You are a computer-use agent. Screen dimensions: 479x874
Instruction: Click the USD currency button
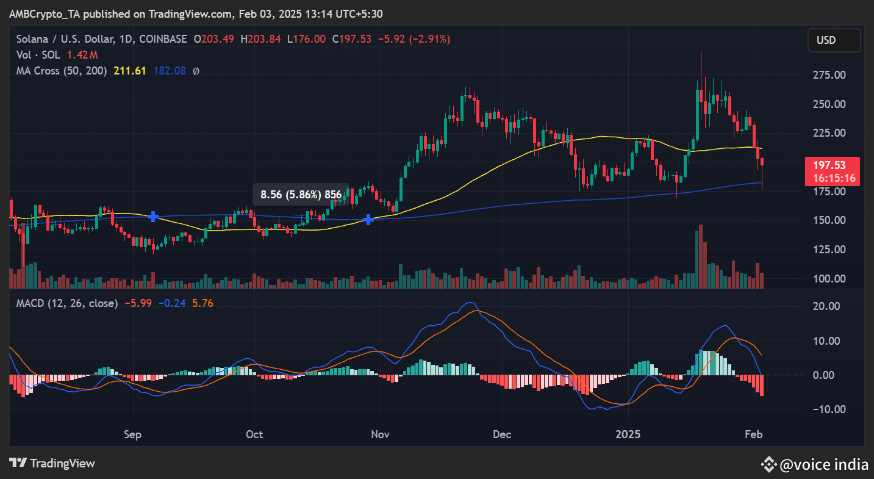[x=834, y=40]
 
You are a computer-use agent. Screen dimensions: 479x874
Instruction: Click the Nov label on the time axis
[x=381, y=435]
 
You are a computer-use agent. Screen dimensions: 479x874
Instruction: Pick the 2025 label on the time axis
[x=628, y=435]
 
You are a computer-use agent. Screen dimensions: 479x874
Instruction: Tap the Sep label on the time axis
[x=132, y=435]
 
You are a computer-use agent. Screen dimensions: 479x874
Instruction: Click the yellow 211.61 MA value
[x=130, y=71]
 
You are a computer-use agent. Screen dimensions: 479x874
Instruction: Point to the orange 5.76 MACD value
[x=202, y=303]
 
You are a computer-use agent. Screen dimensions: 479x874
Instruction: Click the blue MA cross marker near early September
[x=154, y=216]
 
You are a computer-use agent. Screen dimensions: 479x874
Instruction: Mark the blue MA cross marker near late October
[x=368, y=219]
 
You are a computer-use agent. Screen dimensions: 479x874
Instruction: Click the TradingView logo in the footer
[x=52, y=463]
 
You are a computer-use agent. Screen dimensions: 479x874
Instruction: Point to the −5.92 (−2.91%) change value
[x=414, y=39]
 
